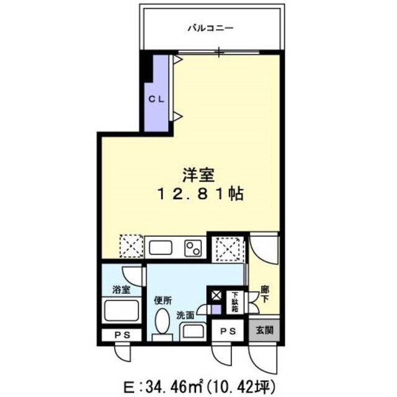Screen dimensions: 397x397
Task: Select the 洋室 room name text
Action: point(194,174)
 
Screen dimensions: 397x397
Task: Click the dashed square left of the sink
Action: point(131,246)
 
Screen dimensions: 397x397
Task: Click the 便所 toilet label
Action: point(163,301)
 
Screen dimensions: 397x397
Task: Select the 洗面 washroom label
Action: point(185,315)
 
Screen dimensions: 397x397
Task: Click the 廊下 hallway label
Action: point(265,293)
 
